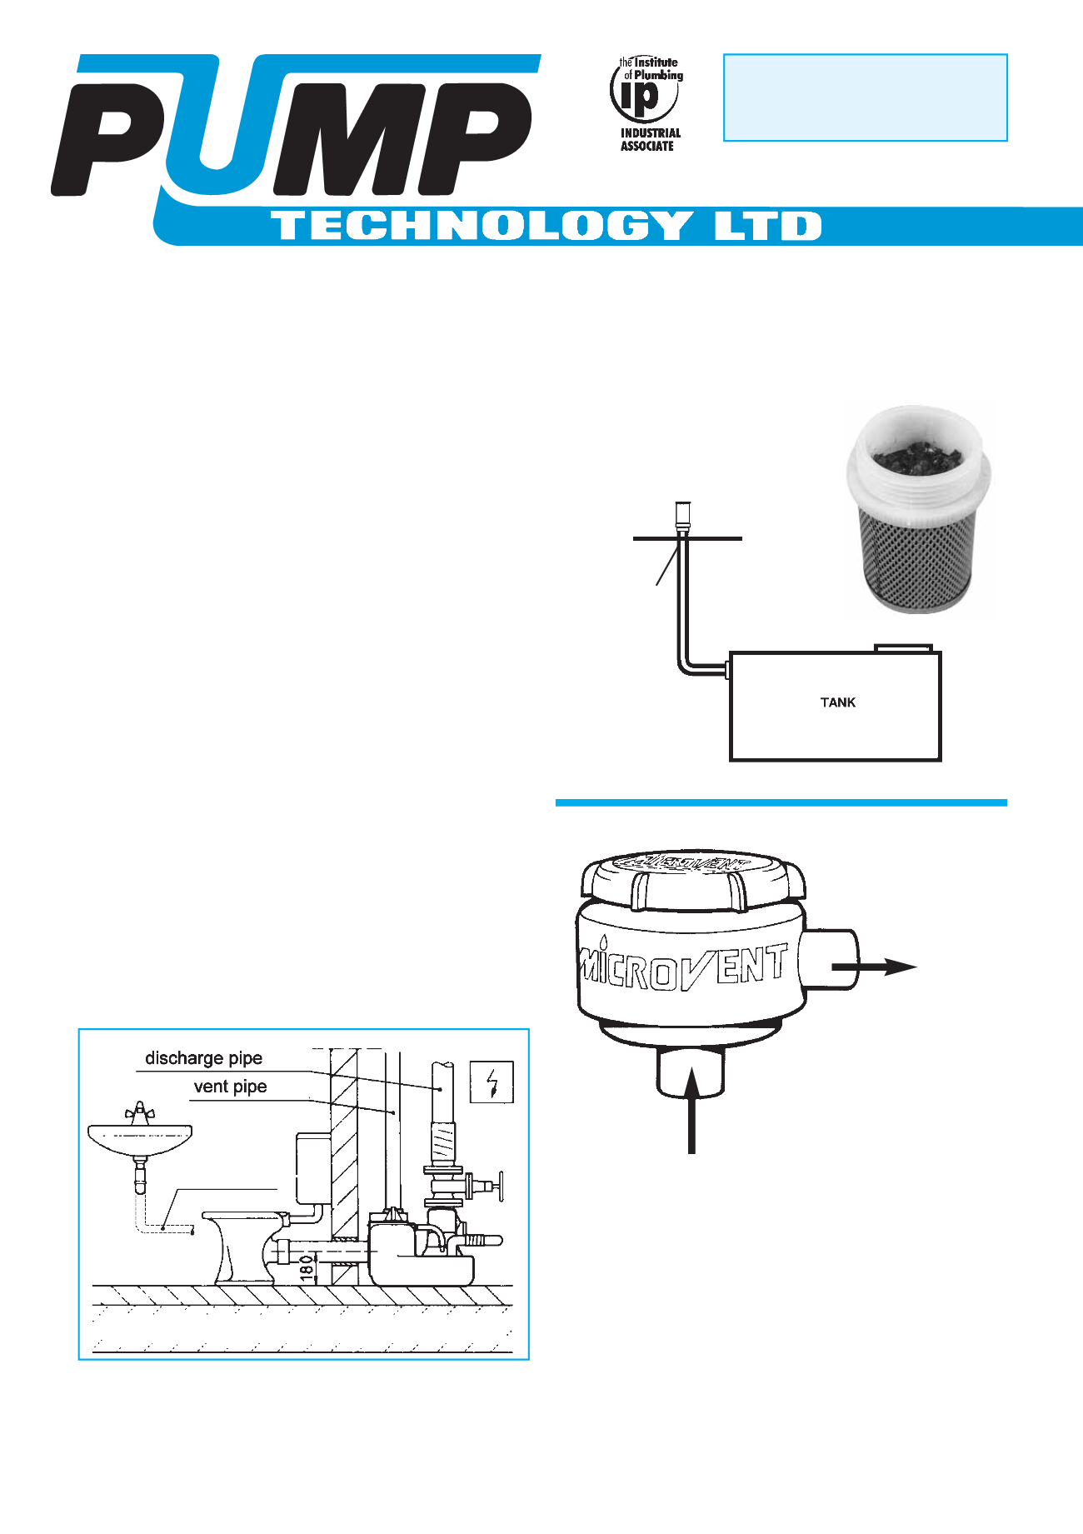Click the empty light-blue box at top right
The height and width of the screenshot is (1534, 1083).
click(865, 97)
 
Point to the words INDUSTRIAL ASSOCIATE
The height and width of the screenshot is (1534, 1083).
click(650, 139)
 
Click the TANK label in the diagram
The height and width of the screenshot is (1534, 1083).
click(837, 702)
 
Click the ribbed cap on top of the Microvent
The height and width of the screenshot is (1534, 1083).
click(691, 879)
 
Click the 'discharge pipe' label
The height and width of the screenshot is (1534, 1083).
click(203, 1058)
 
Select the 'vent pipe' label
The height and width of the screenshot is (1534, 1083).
click(230, 1087)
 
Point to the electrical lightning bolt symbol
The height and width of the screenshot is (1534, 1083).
click(492, 1082)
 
